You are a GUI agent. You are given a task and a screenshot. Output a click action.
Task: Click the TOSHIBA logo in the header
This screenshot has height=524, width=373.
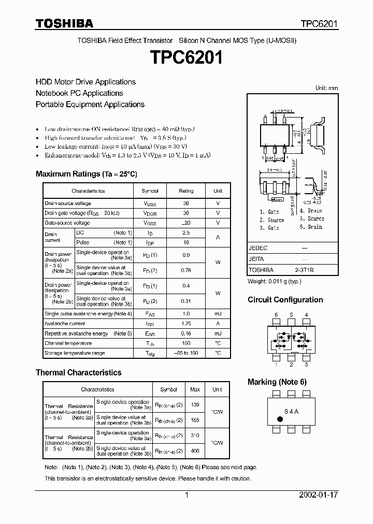[x=64, y=23]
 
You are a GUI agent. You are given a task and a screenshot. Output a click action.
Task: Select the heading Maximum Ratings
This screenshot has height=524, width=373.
[x=86, y=174]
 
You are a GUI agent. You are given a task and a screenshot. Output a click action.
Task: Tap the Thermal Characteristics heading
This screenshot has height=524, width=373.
[x=78, y=372]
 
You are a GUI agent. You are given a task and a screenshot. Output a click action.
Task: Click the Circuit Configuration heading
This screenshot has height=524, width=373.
[x=285, y=300]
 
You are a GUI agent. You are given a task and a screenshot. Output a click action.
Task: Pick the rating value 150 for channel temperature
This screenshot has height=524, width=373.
[x=186, y=343]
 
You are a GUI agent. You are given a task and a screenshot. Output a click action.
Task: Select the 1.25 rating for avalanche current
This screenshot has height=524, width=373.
[x=186, y=324]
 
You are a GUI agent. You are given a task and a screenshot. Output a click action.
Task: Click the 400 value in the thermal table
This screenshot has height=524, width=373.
[x=195, y=451]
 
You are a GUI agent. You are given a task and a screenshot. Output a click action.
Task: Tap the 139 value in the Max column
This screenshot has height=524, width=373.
[x=195, y=404]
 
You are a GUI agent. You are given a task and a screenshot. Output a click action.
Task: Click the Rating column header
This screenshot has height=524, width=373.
[x=186, y=191]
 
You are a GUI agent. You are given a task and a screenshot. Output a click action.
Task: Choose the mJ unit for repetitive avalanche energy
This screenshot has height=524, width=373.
[x=218, y=333]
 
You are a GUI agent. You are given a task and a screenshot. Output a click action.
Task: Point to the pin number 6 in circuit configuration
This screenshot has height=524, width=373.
[x=276, y=315]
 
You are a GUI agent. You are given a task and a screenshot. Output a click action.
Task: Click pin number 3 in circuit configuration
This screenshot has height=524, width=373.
[x=306, y=365]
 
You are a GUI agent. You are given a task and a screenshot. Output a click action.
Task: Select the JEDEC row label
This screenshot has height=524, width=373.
[x=257, y=248]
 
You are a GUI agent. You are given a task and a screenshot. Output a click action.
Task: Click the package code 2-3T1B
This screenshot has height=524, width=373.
[x=304, y=270]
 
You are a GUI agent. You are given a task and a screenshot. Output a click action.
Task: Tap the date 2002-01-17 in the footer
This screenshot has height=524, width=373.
[x=319, y=495]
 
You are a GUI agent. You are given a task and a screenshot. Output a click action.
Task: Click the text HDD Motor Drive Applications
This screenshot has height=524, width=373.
[x=85, y=82]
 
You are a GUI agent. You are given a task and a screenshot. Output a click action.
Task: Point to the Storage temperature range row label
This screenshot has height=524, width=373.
[x=75, y=353]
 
